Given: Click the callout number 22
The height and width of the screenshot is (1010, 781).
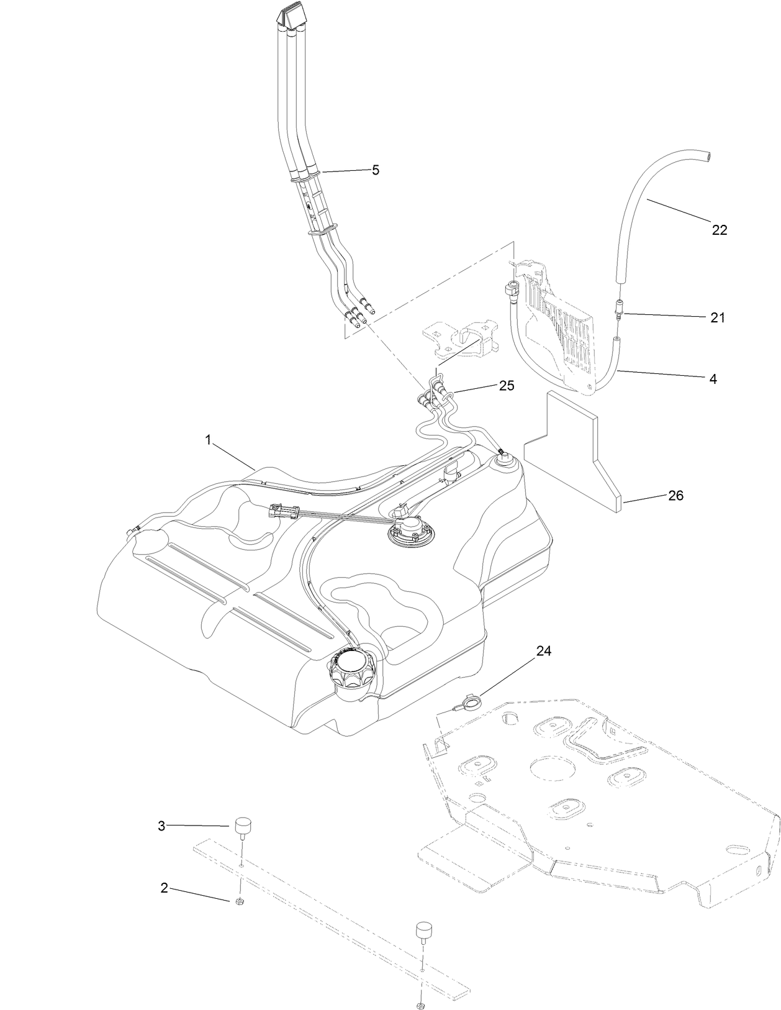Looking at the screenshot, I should [x=719, y=230].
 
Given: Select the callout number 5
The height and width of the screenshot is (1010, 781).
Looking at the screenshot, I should [x=375, y=170].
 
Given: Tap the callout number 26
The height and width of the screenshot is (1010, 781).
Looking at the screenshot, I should [x=675, y=496].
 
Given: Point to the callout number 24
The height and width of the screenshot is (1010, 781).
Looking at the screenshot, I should [x=544, y=651].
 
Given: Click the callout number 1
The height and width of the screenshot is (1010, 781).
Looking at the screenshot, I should [x=209, y=440].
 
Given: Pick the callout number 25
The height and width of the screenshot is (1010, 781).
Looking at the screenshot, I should [x=507, y=386].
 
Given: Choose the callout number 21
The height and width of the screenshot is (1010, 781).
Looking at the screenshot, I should [x=718, y=317].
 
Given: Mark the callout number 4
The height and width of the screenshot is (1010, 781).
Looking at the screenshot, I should [x=713, y=378].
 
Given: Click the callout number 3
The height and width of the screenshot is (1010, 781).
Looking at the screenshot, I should [x=161, y=826].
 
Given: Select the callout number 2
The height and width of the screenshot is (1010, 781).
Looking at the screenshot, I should [x=164, y=888].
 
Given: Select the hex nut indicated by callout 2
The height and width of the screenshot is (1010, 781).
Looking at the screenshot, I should [x=239, y=902].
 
